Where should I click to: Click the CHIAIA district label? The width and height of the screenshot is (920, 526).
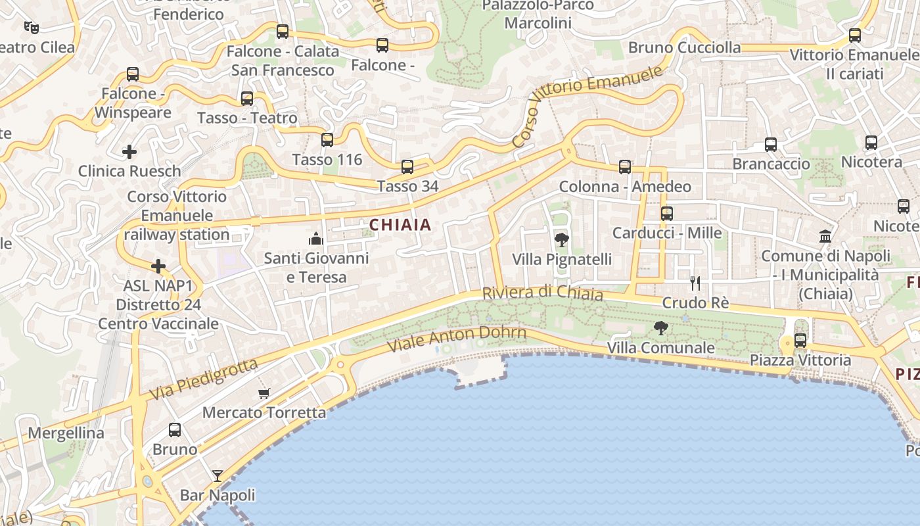400,225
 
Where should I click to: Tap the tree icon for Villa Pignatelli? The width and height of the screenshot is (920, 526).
562,240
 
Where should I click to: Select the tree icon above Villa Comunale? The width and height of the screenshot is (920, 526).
661,327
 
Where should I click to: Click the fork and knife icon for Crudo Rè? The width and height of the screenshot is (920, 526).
695,283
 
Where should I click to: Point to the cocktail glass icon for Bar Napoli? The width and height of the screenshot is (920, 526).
218,475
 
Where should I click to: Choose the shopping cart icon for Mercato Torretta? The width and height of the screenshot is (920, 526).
264,393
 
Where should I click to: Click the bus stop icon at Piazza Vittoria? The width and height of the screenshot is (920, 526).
800,341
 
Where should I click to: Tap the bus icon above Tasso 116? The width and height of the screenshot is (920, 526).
327,140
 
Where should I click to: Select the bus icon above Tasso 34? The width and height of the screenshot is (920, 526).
407,167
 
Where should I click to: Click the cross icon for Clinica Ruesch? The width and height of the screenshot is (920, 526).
129,152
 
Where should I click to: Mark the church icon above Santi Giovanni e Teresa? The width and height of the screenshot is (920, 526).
316,238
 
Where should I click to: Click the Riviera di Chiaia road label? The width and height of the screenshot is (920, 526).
542,293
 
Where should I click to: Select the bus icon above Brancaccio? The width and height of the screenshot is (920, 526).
771,145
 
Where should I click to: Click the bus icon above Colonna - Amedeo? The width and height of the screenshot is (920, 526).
625,167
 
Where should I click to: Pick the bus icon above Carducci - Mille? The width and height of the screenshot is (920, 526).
667,214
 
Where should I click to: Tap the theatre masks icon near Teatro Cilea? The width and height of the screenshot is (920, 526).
31,27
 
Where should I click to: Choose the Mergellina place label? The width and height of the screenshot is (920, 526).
66,433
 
